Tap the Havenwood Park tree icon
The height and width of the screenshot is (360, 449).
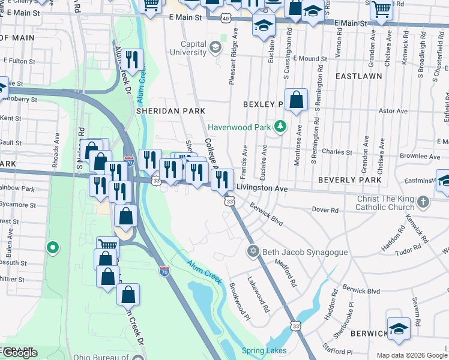279,127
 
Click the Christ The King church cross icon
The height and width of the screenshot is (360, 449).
423,202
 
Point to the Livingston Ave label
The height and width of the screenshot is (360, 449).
262,188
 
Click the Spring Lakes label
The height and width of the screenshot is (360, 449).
264,350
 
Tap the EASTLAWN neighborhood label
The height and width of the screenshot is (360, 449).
358,77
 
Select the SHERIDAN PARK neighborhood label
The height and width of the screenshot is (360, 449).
170,111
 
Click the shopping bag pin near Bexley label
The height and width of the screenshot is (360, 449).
296,100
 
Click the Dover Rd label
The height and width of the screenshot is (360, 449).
326,210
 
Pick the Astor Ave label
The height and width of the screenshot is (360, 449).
393,110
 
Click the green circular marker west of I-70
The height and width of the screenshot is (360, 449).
53,246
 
